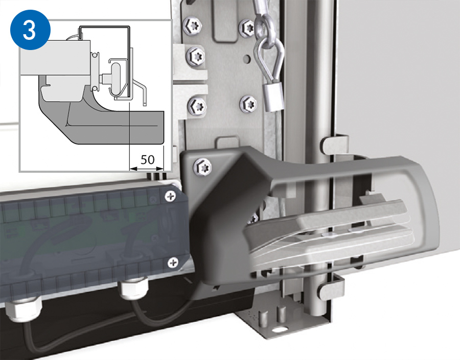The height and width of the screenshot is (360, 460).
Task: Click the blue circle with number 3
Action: coord(30,30)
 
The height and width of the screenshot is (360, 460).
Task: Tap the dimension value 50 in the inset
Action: coord(147,159)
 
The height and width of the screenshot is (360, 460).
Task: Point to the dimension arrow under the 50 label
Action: coord(146,169)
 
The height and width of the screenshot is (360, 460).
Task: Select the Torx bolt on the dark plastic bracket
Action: coord(202,167)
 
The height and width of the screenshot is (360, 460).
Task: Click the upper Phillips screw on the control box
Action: coord(170,196)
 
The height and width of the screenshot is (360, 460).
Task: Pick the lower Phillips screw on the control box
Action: coord(173,262)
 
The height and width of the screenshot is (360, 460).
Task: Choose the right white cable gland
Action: coord(133,289)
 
